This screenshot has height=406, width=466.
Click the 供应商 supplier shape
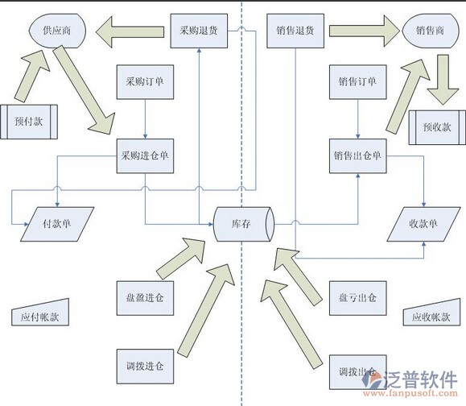57,31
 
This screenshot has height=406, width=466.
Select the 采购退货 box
199,31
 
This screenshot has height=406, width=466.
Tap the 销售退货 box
295,31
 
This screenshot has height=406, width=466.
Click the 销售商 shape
430,31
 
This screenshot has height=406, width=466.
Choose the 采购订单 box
145,82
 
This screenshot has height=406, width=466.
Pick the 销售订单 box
358,82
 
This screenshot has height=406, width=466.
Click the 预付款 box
29,122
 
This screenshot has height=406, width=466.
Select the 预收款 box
437,127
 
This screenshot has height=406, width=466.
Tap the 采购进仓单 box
145,155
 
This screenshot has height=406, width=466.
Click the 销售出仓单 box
358,155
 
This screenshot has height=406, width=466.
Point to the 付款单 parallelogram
57,224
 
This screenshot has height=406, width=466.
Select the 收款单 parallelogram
423,224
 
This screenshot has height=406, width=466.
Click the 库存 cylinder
243,224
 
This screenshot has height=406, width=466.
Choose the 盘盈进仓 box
145,298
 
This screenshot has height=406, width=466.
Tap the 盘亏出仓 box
358,298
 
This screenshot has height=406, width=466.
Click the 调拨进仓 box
145,367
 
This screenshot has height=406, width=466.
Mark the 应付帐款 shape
40,314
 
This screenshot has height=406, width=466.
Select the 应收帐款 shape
431,314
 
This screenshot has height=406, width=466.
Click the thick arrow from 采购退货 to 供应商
130,32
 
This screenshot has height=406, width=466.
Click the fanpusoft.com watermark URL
410,393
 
